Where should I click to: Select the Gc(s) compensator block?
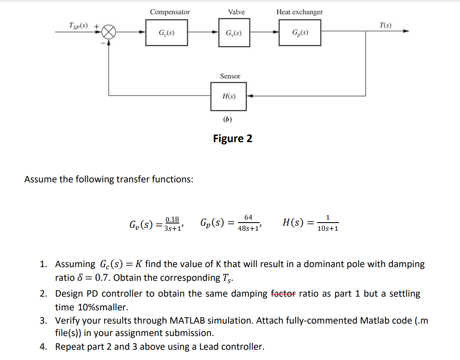point(166,33)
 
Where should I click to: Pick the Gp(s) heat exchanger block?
point(300,33)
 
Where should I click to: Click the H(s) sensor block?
point(229,96)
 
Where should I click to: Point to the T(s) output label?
point(385,25)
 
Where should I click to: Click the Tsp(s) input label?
point(79,26)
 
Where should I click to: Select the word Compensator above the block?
point(170,12)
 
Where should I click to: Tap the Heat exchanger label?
point(300,12)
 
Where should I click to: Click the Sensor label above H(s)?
point(230,76)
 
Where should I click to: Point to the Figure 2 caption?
point(232,139)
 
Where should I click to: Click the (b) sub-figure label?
point(227,119)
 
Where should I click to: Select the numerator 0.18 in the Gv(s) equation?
point(172,219)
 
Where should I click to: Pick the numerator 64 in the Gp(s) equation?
point(248,217)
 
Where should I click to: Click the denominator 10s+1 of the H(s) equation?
point(328,229)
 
